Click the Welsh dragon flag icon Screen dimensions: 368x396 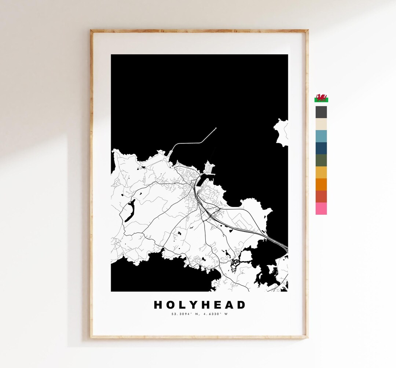click(321, 98)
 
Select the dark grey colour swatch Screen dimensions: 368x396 click(321, 112)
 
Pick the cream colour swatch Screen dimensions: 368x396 click(321, 124)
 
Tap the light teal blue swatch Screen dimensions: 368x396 click(321, 136)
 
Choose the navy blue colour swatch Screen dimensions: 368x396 click(321, 148)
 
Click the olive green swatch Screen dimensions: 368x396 click(321, 160)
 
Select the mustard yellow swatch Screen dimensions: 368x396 click(321, 172)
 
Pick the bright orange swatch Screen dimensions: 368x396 click(321, 184)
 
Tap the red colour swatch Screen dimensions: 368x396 click(321, 196)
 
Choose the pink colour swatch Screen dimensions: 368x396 click(321, 209)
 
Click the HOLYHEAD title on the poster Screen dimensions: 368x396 click(199, 305)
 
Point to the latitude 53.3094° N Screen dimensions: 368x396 click(184, 314)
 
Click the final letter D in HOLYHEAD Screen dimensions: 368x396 click(241, 305)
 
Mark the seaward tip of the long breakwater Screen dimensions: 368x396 click(216, 128)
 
